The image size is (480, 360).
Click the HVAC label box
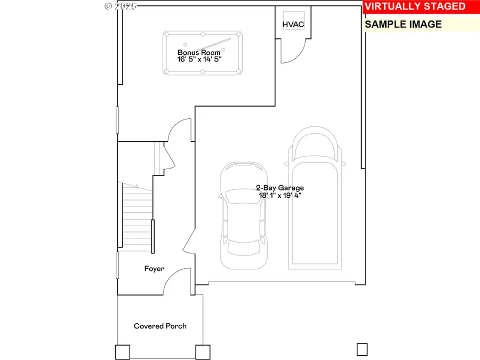pyautogui.click(x=293, y=24)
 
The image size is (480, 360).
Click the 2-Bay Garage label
pyautogui.click(x=279, y=188)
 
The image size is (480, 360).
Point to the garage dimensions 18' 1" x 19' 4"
pyautogui.click(x=279, y=196)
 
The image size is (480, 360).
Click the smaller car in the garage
pyautogui.click(x=244, y=216)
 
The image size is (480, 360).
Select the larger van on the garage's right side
pyautogui.click(x=315, y=197)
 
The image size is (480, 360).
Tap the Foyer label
pyautogui.click(x=154, y=269)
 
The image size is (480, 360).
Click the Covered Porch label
pyautogui.click(x=160, y=326)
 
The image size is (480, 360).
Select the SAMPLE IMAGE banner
pyautogui.click(x=404, y=24)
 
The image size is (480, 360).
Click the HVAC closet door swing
pyautogui.click(x=294, y=51)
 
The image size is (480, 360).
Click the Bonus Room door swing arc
pyautogui.click(x=180, y=131)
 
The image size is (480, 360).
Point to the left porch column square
pyautogui.click(x=122, y=352)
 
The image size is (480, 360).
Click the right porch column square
pyautogui.click(x=203, y=352)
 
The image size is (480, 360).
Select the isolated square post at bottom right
pyautogui.click(x=362, y=349)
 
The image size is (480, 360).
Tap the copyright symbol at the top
pyautogui.click(x=109, y=6)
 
